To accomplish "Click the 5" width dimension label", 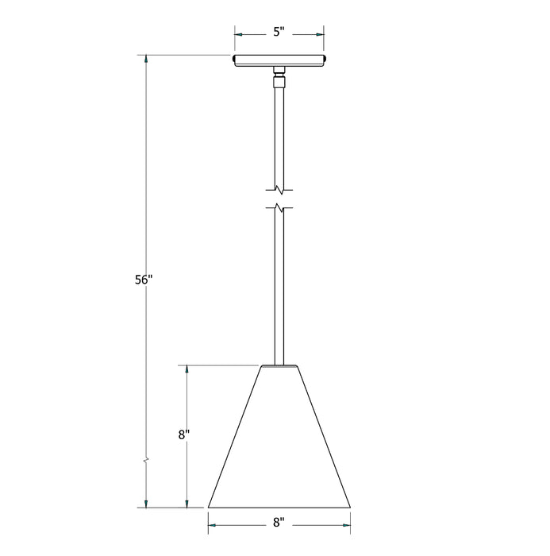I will (279, 34).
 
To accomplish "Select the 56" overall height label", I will (143, 280).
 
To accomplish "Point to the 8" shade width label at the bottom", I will (279, 522).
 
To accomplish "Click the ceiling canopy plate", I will (279, 60).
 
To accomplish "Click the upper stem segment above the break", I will (279, 135).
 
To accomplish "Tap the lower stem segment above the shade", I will (279, 286).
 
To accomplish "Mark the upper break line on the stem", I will (279, 191).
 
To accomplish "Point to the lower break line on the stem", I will (279, 209).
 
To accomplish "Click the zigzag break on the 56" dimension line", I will (145, 460).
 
